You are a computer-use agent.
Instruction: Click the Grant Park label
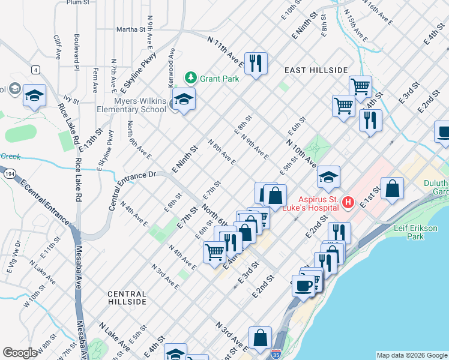220,79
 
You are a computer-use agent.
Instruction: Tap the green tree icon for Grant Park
191,78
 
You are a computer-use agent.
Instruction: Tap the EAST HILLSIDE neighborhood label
316,70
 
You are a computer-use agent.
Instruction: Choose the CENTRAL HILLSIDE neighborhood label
127,298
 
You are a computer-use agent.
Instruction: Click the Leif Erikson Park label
418,233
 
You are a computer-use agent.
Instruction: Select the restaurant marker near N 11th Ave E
256,63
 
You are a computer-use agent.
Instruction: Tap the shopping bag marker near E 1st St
392,188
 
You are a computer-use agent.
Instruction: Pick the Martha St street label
131,29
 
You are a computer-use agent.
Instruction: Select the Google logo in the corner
20,353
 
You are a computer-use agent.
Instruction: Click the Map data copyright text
412,355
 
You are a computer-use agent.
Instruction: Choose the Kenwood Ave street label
172,65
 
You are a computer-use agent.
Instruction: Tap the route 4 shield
37,70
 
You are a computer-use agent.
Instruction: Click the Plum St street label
78,2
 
